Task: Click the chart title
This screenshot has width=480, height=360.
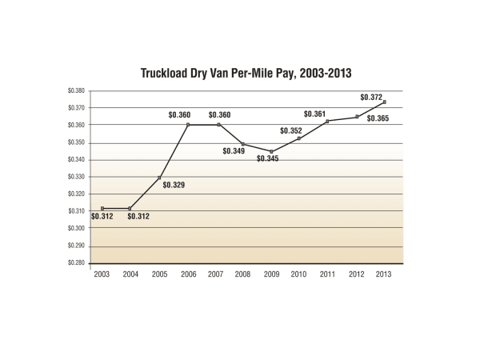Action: coord(246,72)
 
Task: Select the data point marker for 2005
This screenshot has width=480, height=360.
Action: coord(159,178)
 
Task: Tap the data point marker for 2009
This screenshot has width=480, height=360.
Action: coord(272,151)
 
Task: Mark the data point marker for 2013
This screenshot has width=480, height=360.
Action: coord(386,102)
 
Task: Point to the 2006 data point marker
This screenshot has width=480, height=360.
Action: coord(187,125)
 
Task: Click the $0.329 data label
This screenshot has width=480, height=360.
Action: coord(174,186)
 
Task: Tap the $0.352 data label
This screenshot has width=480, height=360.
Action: coord(291,130)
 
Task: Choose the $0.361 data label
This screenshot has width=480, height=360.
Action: coord(315,114)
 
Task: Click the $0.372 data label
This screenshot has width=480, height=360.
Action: coord(372,98)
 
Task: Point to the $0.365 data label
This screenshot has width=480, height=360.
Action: coord(378,118)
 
